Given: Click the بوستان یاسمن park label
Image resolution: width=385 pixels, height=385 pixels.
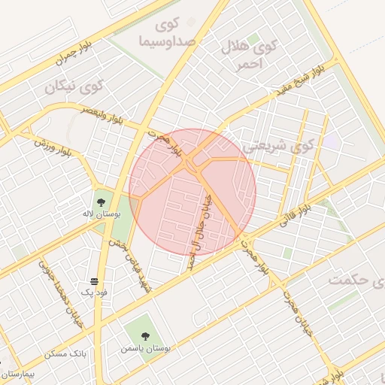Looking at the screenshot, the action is click(x=146, y=350).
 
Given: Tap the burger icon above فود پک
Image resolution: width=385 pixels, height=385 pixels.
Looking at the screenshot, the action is click(x=93, y=280).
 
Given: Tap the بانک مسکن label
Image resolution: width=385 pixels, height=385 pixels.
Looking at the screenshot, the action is click(x=66, y=353).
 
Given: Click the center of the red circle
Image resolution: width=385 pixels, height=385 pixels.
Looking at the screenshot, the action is click(x=192, y=192).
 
